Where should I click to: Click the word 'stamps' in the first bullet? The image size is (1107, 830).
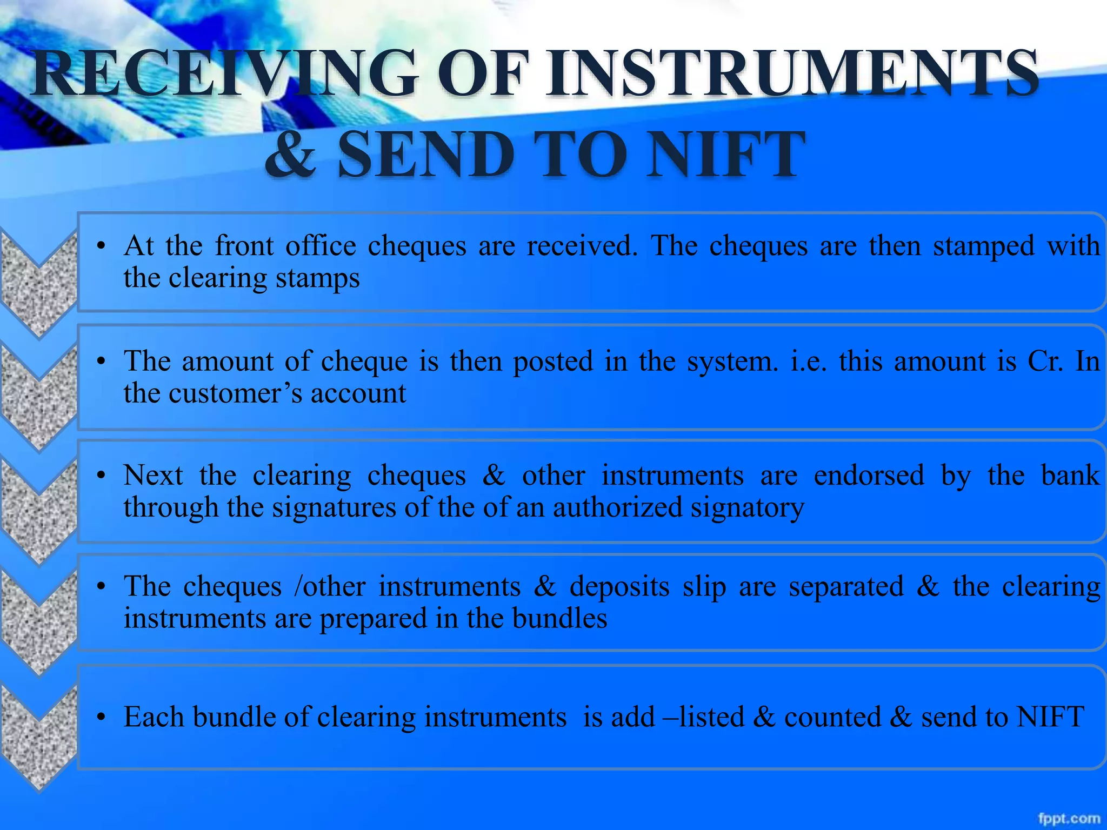click(x=317, y=278)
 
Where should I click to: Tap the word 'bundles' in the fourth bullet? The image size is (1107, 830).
click(x=559, y=618)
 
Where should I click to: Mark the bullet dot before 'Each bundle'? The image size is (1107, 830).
click(x=100, y=718)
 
